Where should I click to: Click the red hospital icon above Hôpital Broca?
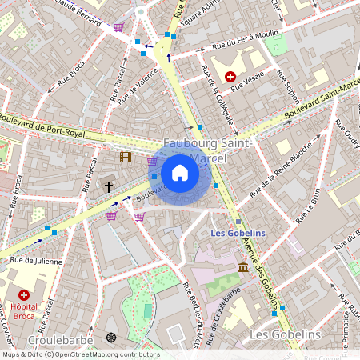pos(23,294)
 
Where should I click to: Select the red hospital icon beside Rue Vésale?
pos(231,77)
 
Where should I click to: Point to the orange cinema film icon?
pos(126,157)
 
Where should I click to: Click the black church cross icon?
pos(109,186)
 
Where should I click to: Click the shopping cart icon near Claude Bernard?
pos(118,27)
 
